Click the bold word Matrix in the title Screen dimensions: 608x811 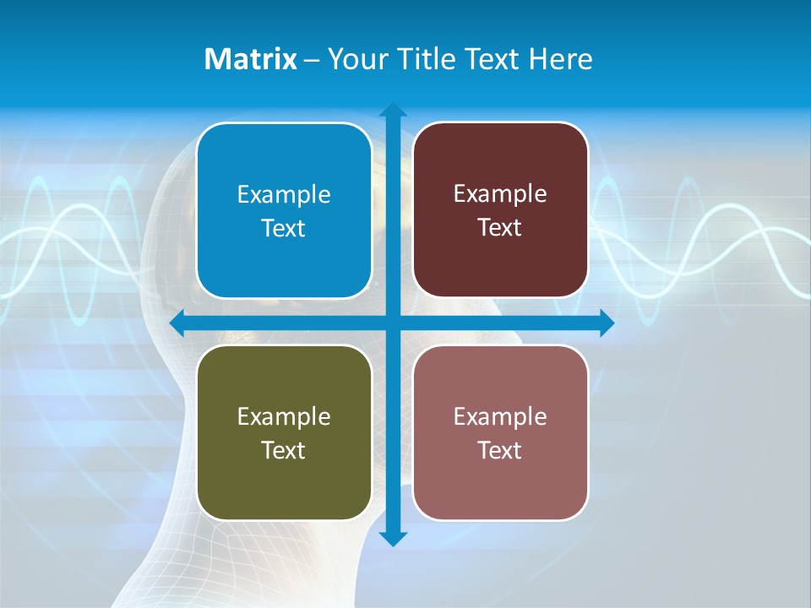coord(250,59)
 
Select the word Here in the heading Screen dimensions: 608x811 coord(560,59)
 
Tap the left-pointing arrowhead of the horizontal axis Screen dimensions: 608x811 coord(177,323)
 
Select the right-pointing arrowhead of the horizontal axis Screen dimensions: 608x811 coord(607,323)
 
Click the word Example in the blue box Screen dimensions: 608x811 coord(284,195)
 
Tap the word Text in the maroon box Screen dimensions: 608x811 coord(500,228)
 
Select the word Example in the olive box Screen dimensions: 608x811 coord(284,417)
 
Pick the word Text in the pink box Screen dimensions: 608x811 coord(500,450)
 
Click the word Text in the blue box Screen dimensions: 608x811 coord(284,229)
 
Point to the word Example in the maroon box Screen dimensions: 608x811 coord(500,194)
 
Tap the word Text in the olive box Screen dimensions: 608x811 coord(284,450)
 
